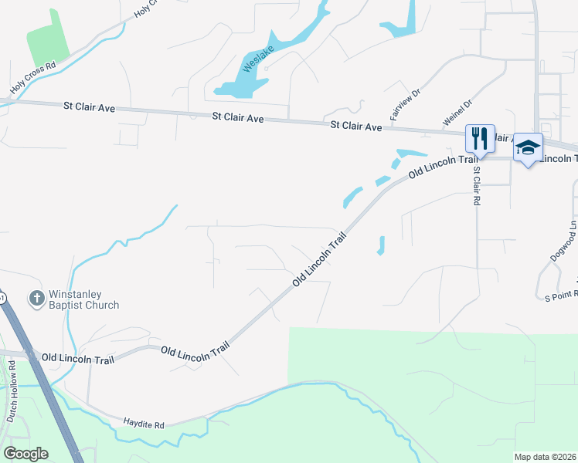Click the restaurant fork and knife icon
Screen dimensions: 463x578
click(x=479, y=139)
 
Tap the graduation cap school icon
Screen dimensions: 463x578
click(x=529, y=147)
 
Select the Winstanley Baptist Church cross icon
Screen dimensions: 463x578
click(x=36, y=298)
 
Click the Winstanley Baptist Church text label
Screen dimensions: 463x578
click(x=84, y=299)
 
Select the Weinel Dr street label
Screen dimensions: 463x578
click(x=457, y=113)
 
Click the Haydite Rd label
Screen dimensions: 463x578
click(x=144, y=424)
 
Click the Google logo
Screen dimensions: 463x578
click(x=25, y=454)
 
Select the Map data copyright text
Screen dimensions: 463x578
click(x=544, y=457)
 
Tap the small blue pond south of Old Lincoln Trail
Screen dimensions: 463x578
click(x=380, y=245)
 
